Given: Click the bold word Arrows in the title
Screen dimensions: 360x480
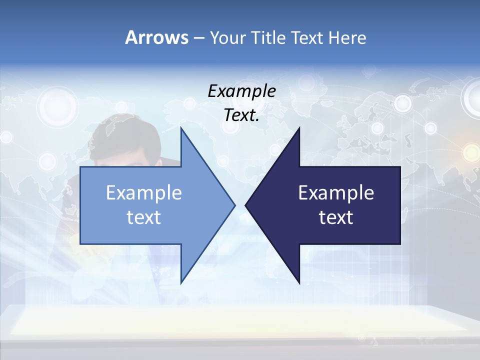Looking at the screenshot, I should [x=156, y=37].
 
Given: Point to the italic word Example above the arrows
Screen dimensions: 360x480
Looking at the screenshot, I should [x=241, y=91].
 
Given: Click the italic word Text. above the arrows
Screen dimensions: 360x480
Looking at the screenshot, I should [x=241, y=115].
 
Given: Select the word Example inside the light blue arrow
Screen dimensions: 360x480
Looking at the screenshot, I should [x=144, y=193].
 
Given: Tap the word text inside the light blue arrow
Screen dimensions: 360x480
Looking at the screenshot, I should [x=144, y=217].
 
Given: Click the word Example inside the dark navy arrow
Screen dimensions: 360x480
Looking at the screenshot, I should [x=336, y=193].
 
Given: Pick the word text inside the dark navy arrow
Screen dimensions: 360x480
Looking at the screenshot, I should [x=336, y=217].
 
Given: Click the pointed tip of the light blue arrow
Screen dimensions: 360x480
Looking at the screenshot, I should [x=234, y=205].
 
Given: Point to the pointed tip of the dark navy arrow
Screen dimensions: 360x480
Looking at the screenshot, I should [x=246, y=205].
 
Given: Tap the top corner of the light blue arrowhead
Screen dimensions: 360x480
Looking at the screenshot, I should [x=181, y=128].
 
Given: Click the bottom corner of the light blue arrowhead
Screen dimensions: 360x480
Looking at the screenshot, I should [x=181, y=282].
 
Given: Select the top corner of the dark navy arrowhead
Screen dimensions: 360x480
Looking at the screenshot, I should [x=299, y=128].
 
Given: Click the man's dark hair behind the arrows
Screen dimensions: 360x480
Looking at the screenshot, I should [x=125, y=135].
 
